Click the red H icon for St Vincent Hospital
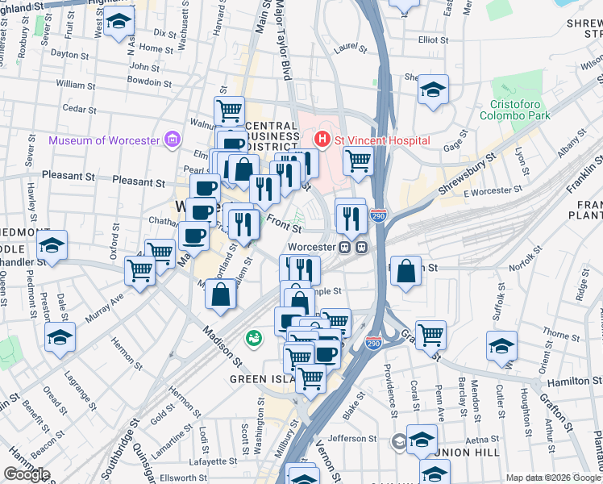click(323, 140)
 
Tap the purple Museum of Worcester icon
click(172, 140)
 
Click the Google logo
click(27, 474)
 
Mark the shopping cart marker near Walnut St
click(229, 110)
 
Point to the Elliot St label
click(433, 39)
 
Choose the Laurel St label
click(349, 49)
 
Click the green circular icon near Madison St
click(254, 337)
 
